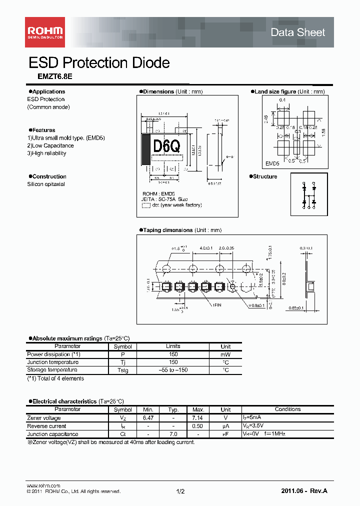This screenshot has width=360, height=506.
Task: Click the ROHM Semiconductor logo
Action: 45,32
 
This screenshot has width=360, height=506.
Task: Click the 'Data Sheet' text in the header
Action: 297,32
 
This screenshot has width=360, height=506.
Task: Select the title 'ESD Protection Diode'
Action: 99,63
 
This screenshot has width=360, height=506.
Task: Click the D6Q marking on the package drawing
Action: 166,146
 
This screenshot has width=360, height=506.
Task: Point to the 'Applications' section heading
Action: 48,91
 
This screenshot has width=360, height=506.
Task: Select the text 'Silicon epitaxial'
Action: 46,184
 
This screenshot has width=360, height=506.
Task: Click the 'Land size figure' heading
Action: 274,91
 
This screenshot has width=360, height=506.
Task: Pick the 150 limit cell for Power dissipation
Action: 173,354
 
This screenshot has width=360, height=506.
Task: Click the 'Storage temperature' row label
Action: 52,370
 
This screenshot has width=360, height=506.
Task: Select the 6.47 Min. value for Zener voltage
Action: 148,418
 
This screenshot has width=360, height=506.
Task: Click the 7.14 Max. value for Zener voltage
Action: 198,418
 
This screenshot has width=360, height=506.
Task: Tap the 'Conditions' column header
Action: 287,409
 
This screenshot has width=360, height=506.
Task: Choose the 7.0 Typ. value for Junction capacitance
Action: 173,434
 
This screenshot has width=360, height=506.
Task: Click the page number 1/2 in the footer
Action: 180,491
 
